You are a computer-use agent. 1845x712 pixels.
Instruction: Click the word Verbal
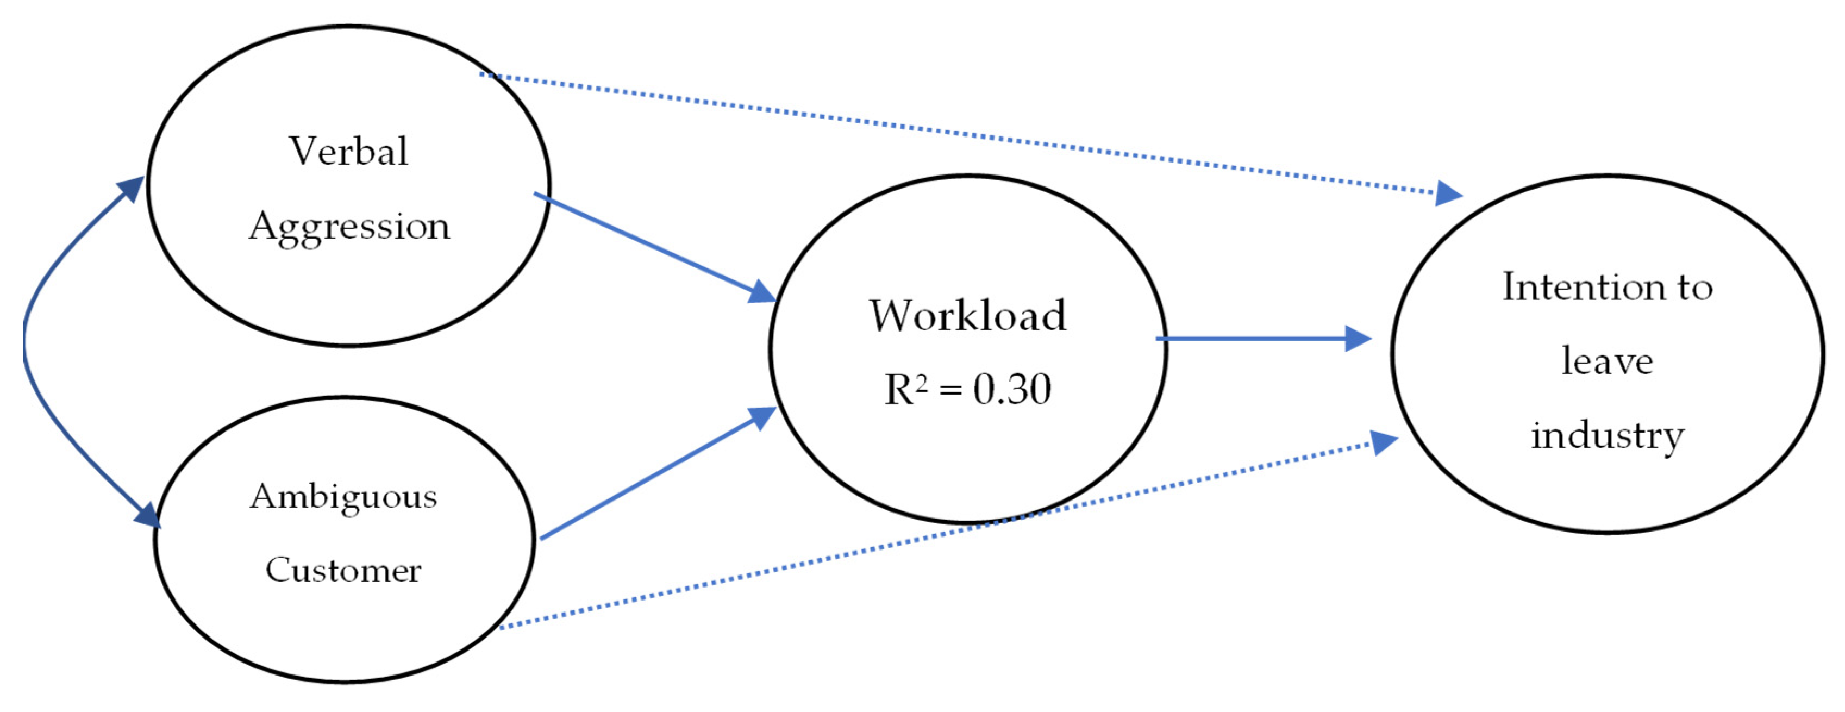click(x=348, y=151)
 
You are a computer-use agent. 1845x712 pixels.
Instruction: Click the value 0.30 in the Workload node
click(x=1011, y=390)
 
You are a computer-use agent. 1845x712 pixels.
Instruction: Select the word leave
click(x=1607, y=361)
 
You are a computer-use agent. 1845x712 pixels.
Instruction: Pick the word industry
click(x=1607, y=435)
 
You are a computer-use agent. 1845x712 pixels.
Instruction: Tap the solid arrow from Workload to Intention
click(x=1253, y=339)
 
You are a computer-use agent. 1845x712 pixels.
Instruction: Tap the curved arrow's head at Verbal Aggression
click(x=133, y=189)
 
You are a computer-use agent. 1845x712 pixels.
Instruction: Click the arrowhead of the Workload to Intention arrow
click(x=1358, y=339)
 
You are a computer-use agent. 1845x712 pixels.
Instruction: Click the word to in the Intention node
click(x=1694, y=287)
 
